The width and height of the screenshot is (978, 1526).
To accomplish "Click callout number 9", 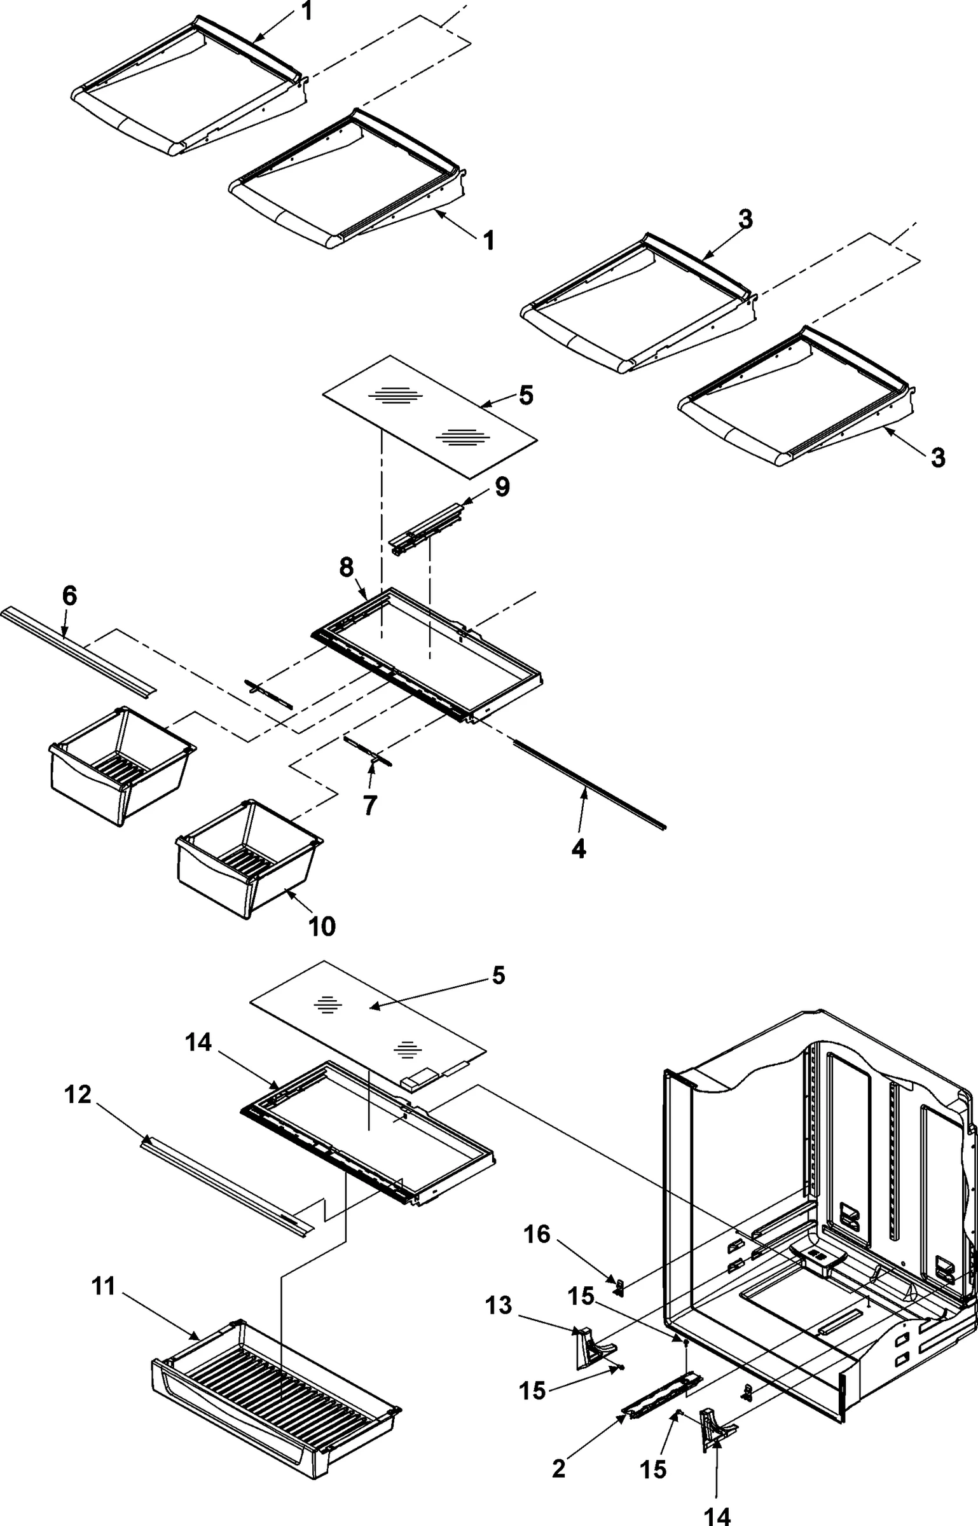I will tap(502, 488).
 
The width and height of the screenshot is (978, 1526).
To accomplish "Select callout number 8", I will tap(347, 568).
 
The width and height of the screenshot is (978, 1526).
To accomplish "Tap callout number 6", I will tap(69, 596).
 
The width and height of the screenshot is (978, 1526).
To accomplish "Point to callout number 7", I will tap(369, 805).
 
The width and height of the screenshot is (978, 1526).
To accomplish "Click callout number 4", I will tap(578, 849).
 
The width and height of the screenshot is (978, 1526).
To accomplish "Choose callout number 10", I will tap(322, 926).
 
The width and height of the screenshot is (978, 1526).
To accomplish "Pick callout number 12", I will tap(78, 1095).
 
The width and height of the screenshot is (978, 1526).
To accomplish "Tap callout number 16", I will tap(537, 1234).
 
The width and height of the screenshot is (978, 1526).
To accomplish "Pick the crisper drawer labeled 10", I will tap(248, 865).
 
